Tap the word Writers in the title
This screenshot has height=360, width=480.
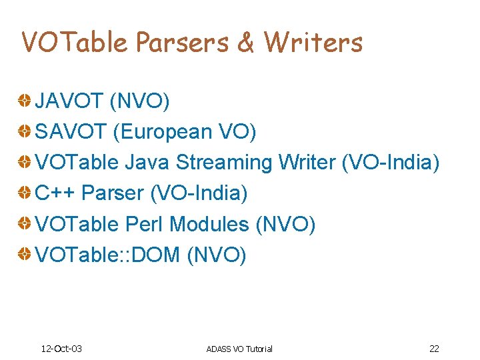pyautogui.click(x=313, y=42)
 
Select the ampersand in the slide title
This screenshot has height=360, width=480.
pyautogui.click(x=245, y=42)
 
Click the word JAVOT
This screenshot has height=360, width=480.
pyautogui.click(x=69, y=101)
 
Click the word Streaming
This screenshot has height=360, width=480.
pyautogui.click(x=224, y=163)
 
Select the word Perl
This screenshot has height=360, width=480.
pyautogui.click(x=145, y=224)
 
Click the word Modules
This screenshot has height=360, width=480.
pyautogui.click(x=209, y=224)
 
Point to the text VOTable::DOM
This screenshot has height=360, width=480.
pyautogui.click(x=107, y=255)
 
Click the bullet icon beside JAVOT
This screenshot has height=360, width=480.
pyautogui.click(x=24, y=101)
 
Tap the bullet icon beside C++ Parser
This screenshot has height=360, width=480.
pyautogui.click(x=24, y=193)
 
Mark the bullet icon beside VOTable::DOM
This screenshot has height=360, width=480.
pyautogui.click(x=24, y=255)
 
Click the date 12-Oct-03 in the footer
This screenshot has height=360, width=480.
pyautogui.click(x=61, y=349)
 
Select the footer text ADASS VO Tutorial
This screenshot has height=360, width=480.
pyautogui.click(x=239, y=349)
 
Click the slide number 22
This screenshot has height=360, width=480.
pyautogui.click(x=434, y=349)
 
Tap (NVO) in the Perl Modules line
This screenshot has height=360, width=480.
pyautogui.click(x=285, y=224)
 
